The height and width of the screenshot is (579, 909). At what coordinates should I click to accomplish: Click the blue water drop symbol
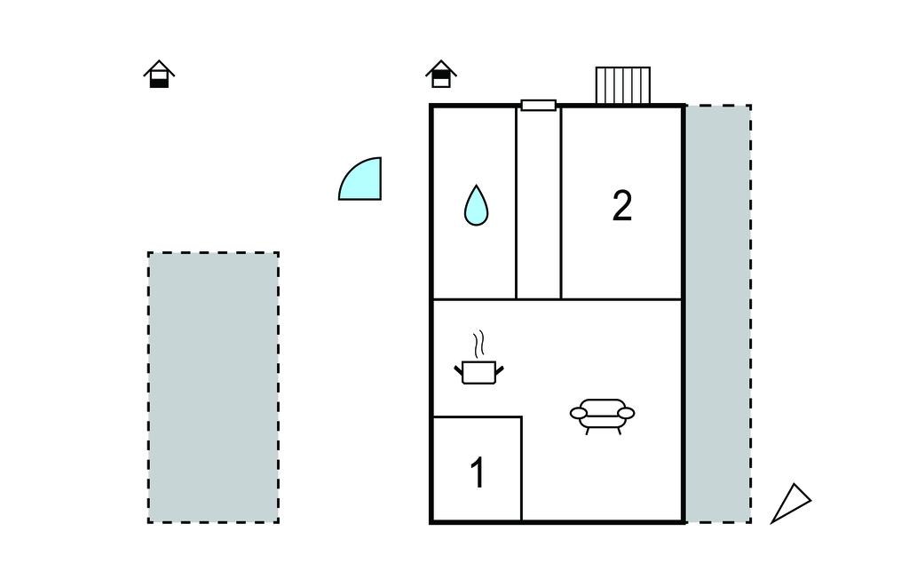coord(477,206)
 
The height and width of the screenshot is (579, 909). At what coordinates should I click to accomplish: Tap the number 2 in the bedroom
coord(622,206)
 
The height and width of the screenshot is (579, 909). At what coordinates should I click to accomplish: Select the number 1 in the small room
coord(478,473)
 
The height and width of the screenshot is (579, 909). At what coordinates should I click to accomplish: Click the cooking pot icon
coord(479,372)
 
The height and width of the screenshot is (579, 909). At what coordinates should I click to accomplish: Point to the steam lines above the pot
coord(480,343)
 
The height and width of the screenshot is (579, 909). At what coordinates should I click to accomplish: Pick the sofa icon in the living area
coord(603,415)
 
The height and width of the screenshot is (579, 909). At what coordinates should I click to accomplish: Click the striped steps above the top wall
coord(622,85)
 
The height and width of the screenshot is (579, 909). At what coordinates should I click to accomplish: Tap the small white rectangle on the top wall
coord(539,105)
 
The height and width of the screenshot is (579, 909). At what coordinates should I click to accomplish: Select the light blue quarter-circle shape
coord(364,181)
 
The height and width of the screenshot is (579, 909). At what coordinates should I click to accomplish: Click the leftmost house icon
coord(159,75)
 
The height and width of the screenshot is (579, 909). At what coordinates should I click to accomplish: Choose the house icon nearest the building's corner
coord(441,75)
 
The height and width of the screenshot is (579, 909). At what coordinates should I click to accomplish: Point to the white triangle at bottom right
coord(789,504)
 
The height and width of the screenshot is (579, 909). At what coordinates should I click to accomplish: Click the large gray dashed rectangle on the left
coord(213,387)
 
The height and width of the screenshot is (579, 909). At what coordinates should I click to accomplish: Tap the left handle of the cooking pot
coord(459,366)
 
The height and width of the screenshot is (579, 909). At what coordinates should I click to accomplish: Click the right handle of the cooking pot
coord(501,366)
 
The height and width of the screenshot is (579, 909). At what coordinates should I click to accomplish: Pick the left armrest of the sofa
coord(578,413)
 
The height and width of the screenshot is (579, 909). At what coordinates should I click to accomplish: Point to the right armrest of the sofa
coord(627,413)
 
